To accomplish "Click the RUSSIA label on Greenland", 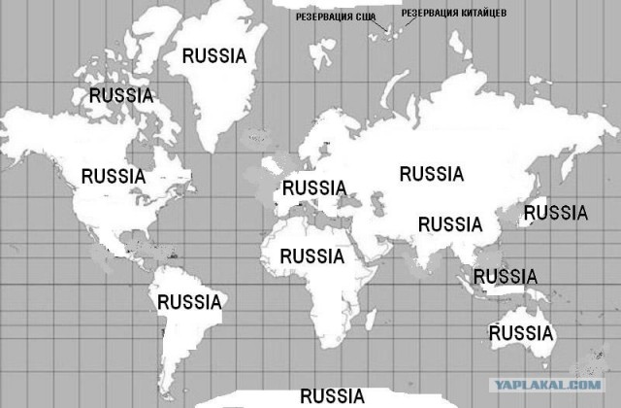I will tap(214, 55).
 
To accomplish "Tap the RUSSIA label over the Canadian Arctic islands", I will tap(121, 95).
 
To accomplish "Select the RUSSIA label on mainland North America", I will tap(114, 176).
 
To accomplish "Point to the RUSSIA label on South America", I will tap(190, 301).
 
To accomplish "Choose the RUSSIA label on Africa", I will tap(311, 256).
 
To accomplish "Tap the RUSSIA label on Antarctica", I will tap(332, 395).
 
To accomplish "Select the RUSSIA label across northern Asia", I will tap(432, 174).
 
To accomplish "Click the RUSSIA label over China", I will tap(450, 223).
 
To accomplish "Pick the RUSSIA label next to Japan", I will tap(555, 212).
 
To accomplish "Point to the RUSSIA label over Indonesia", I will tap(506, 277).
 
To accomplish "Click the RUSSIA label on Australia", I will tap(521, 333).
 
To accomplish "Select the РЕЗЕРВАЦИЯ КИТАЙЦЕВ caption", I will tap(453, 12).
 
